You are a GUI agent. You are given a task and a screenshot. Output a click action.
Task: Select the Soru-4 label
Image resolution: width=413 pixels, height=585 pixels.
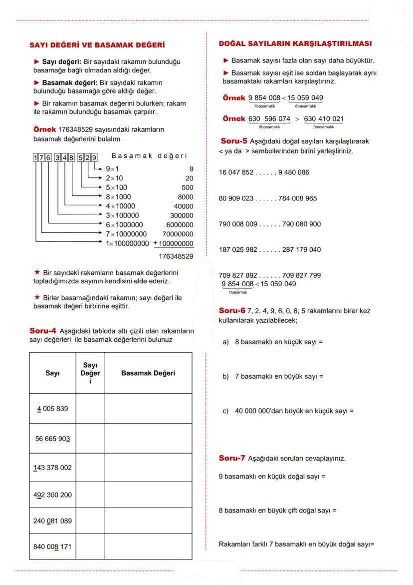[x=43, y=331]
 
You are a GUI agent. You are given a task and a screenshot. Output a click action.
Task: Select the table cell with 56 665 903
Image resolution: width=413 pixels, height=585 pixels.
[x=52, y=438]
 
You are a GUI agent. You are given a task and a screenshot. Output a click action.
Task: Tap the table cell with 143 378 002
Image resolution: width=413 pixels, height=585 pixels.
[x=52, y=468]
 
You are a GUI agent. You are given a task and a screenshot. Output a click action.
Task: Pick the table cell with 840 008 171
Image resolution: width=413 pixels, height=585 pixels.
[x=52, y=546]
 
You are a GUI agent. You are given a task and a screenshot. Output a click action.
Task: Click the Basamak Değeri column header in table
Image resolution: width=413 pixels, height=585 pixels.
[x=148, y=373]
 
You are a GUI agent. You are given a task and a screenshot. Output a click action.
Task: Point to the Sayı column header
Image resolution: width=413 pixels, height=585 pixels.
[x=52, y=373]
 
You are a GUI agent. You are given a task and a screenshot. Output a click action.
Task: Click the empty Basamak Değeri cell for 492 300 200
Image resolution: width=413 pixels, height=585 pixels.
[x=148, y=495]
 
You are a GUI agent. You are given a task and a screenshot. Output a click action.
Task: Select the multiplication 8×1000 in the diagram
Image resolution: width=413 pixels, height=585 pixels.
[x=118, y=197]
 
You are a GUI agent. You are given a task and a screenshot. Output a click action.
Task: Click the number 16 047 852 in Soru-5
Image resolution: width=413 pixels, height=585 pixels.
[x=236, y=172]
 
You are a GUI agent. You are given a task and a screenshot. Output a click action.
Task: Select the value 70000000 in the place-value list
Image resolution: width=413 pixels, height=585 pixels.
[x=178, y=233]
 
